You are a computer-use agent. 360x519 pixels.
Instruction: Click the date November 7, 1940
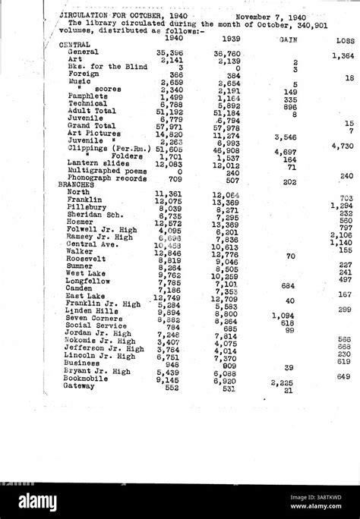tap(271, 16)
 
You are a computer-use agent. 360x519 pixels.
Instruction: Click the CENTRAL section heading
tap(74, 45)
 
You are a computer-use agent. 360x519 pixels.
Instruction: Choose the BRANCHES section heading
tap(76, 184)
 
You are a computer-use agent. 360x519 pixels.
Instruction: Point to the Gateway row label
tap(79, 386)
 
